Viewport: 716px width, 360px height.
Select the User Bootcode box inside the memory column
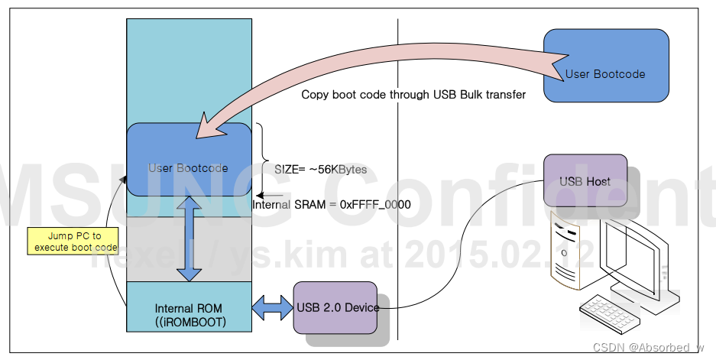tap(189, 168)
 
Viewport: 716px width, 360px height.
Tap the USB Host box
tap(585, 180)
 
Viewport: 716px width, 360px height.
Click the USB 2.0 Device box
tap(336, 307)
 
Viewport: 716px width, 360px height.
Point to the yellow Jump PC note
tap(73, 242)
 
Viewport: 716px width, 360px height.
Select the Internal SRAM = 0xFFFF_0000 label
tap(332, 204)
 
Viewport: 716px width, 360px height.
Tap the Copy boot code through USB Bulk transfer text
tap(413, 96)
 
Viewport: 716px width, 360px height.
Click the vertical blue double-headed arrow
tap(189, 238)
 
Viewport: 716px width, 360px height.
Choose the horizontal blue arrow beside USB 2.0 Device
tap(273, 307)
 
